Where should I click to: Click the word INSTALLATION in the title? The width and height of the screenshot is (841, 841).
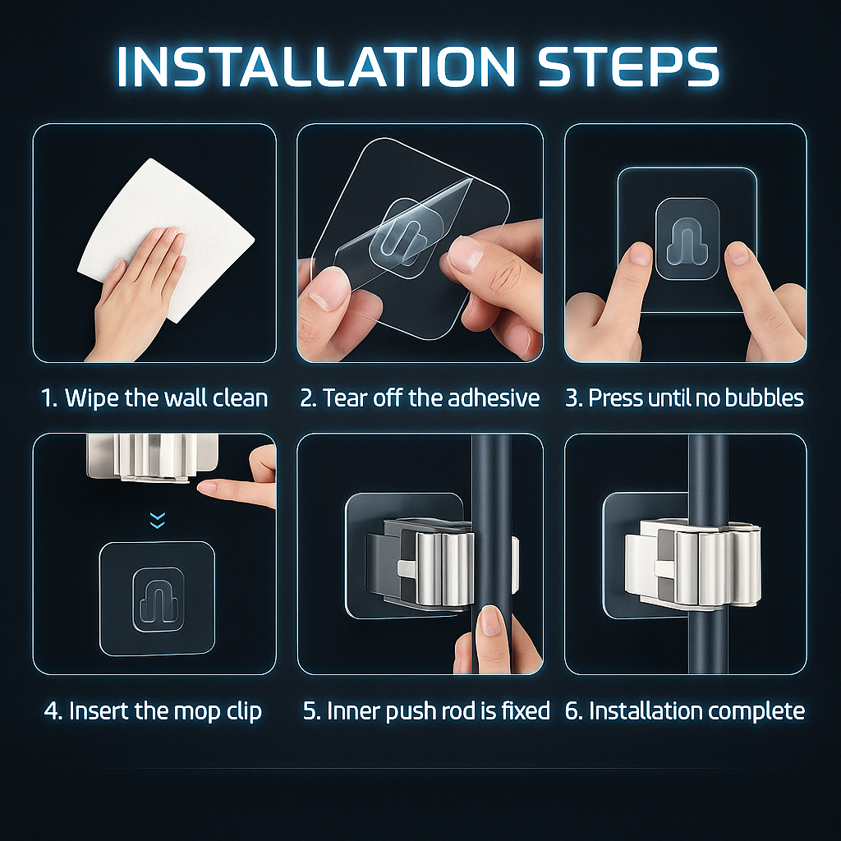(316, 67)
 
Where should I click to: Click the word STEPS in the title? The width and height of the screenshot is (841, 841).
(628, 67)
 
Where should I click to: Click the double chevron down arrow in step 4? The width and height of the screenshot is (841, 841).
(157, 520)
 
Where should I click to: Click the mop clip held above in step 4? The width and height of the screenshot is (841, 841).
(152, 457)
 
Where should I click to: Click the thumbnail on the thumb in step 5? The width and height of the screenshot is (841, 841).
(489, 621)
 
